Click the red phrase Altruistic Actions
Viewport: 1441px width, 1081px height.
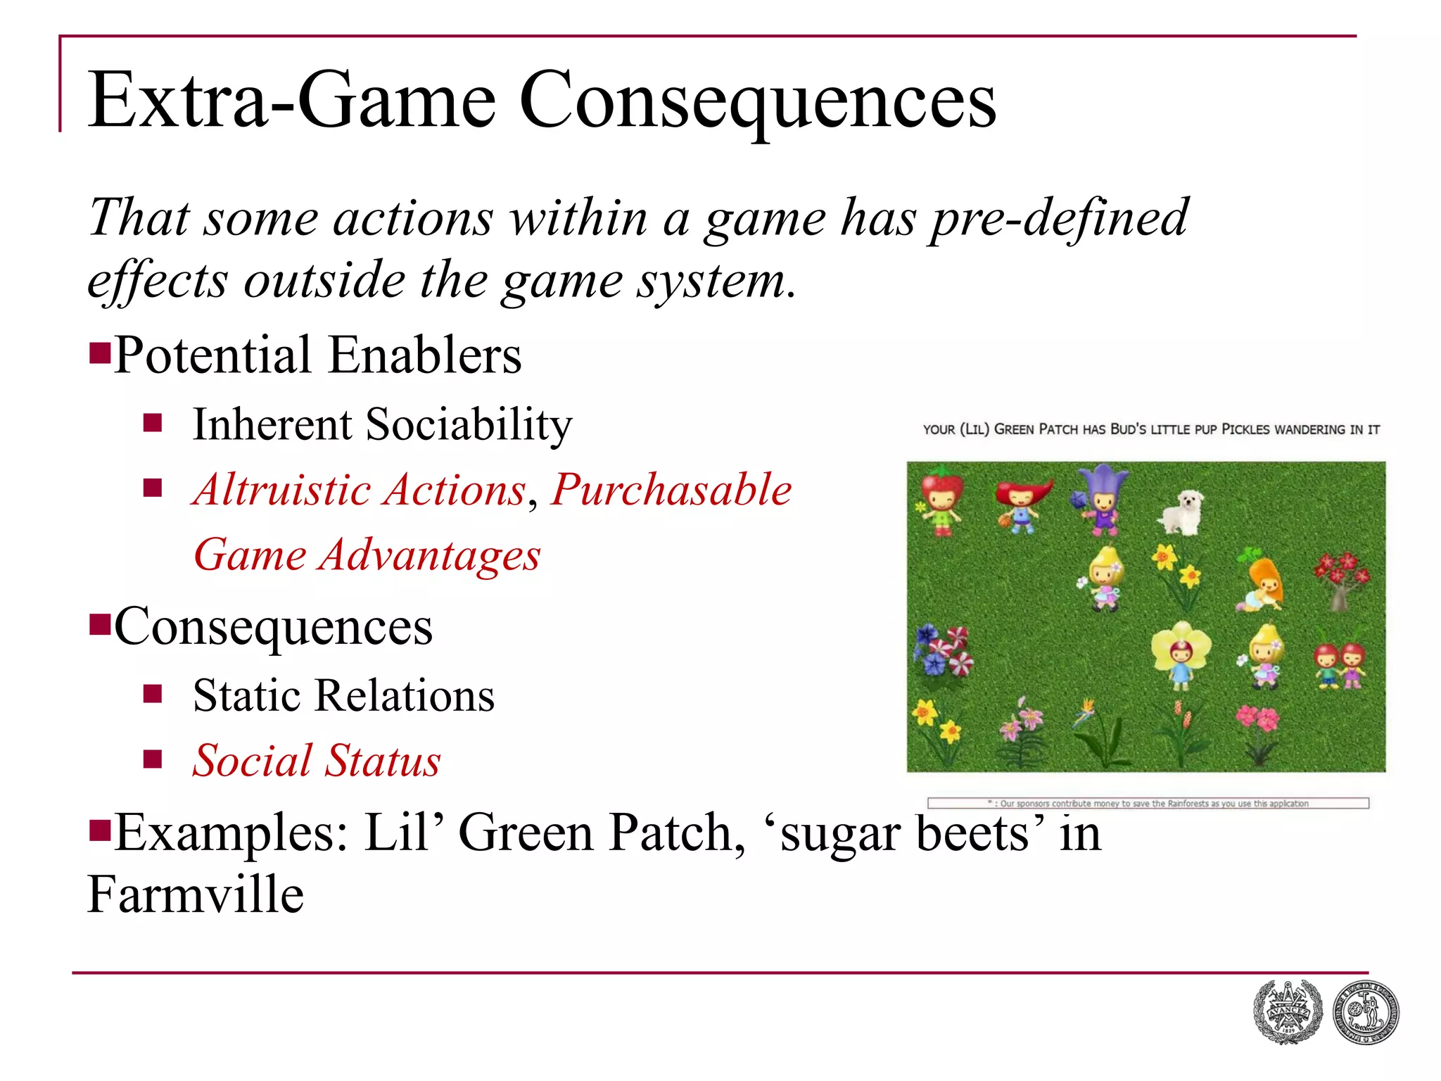pos(360,490)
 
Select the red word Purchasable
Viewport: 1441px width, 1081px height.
pos(671,490)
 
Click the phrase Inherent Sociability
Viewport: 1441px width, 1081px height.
pos(382,424)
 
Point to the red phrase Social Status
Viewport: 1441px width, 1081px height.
pos(317,761)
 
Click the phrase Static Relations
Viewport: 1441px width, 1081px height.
pos(343,696)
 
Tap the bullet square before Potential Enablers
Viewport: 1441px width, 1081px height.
pos(100,351)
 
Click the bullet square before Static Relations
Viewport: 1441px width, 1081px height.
pos(153,695)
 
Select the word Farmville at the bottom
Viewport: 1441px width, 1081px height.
pos(196,895)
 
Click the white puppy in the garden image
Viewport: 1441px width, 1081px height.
pos(1182,512)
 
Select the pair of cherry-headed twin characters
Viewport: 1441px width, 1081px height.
pos(1340,664)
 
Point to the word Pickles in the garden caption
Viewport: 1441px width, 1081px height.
pos(1246,429)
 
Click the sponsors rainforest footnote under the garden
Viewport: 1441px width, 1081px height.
pos(1148,803)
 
